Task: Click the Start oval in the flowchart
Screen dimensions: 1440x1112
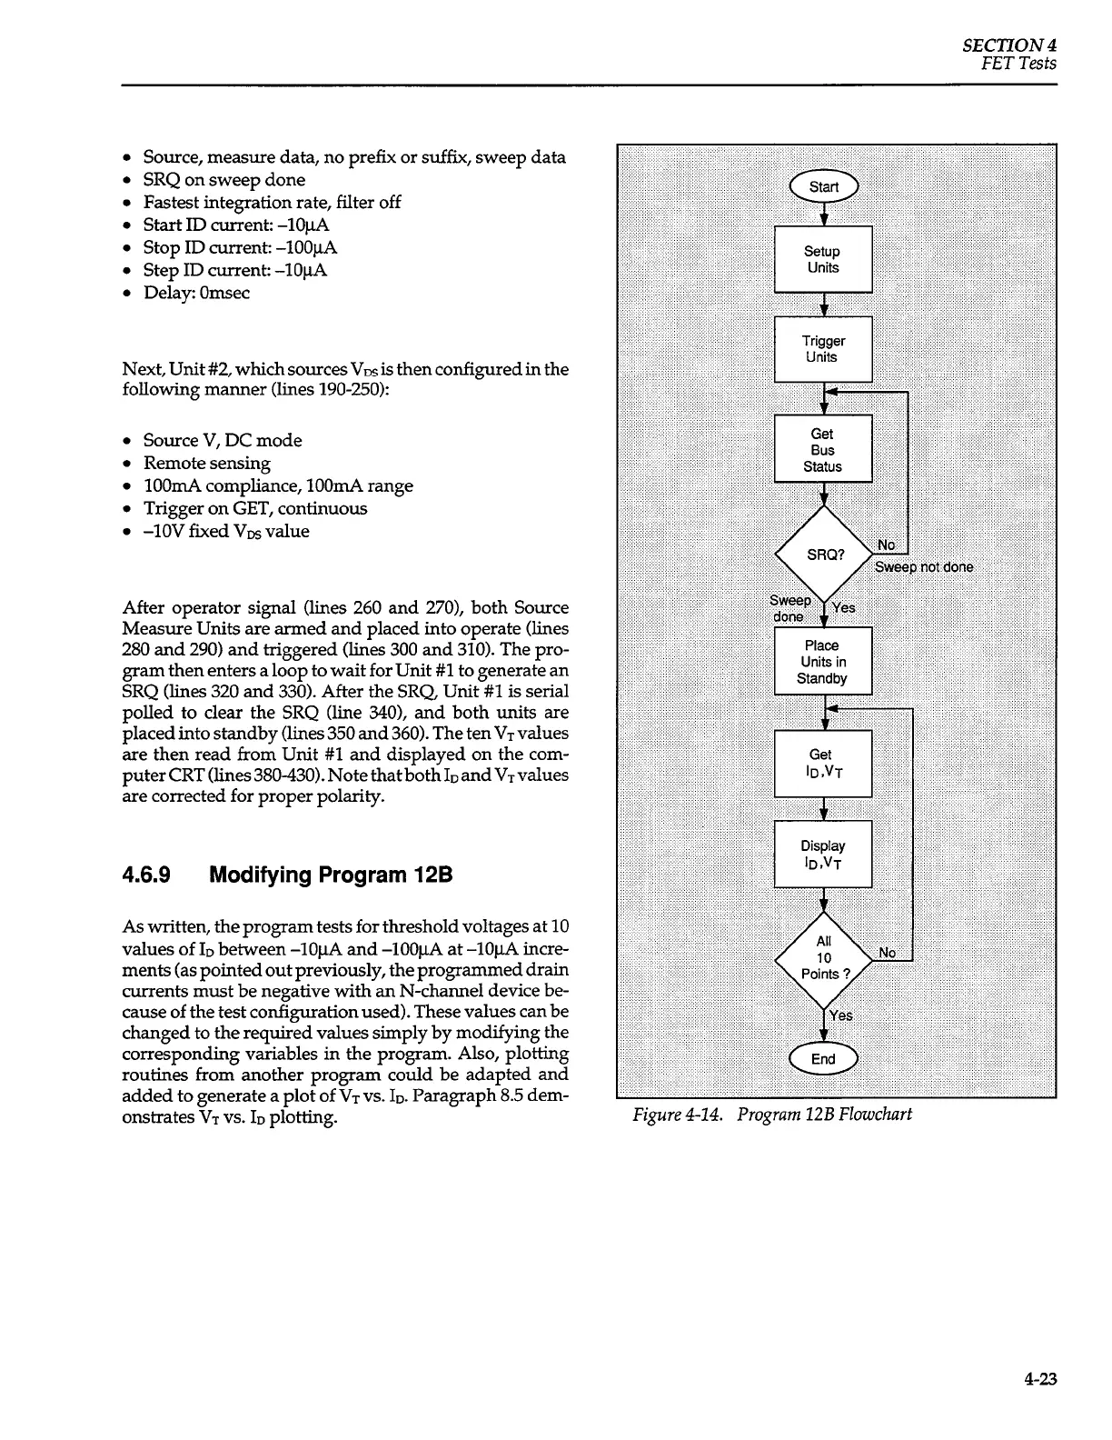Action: click(823, 187)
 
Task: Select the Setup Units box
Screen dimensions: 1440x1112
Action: click(823, 259)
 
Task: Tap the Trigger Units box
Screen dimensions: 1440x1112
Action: click(823, 349)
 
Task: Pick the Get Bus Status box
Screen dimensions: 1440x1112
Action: click(823, 449)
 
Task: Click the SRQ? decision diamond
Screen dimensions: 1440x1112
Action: click(823, 555)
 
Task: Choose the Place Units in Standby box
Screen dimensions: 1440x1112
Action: click(823, 662)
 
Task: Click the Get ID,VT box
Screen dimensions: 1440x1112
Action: click(823, 764)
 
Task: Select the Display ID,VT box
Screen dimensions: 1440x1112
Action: click(823, 855)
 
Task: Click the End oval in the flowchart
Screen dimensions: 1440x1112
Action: click(823, 1059)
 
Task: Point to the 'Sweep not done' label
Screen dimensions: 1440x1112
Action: click(924, 567)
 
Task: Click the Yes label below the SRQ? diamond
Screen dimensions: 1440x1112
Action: click(844, 608)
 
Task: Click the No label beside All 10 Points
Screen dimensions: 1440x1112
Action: click(888, 953)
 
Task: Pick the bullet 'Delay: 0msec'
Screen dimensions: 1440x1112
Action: click(196, 293)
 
